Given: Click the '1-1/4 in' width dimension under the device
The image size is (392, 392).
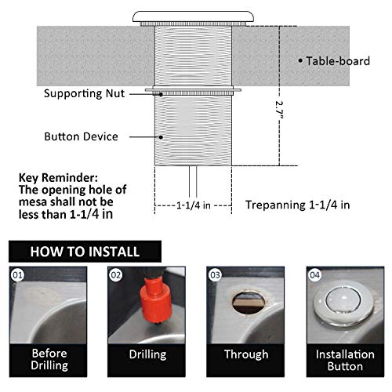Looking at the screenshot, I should click(x=191, y=205).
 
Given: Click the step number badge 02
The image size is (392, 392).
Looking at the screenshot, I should click(x=114, y=274).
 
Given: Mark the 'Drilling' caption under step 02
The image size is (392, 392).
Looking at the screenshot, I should click(x=147, y=354).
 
